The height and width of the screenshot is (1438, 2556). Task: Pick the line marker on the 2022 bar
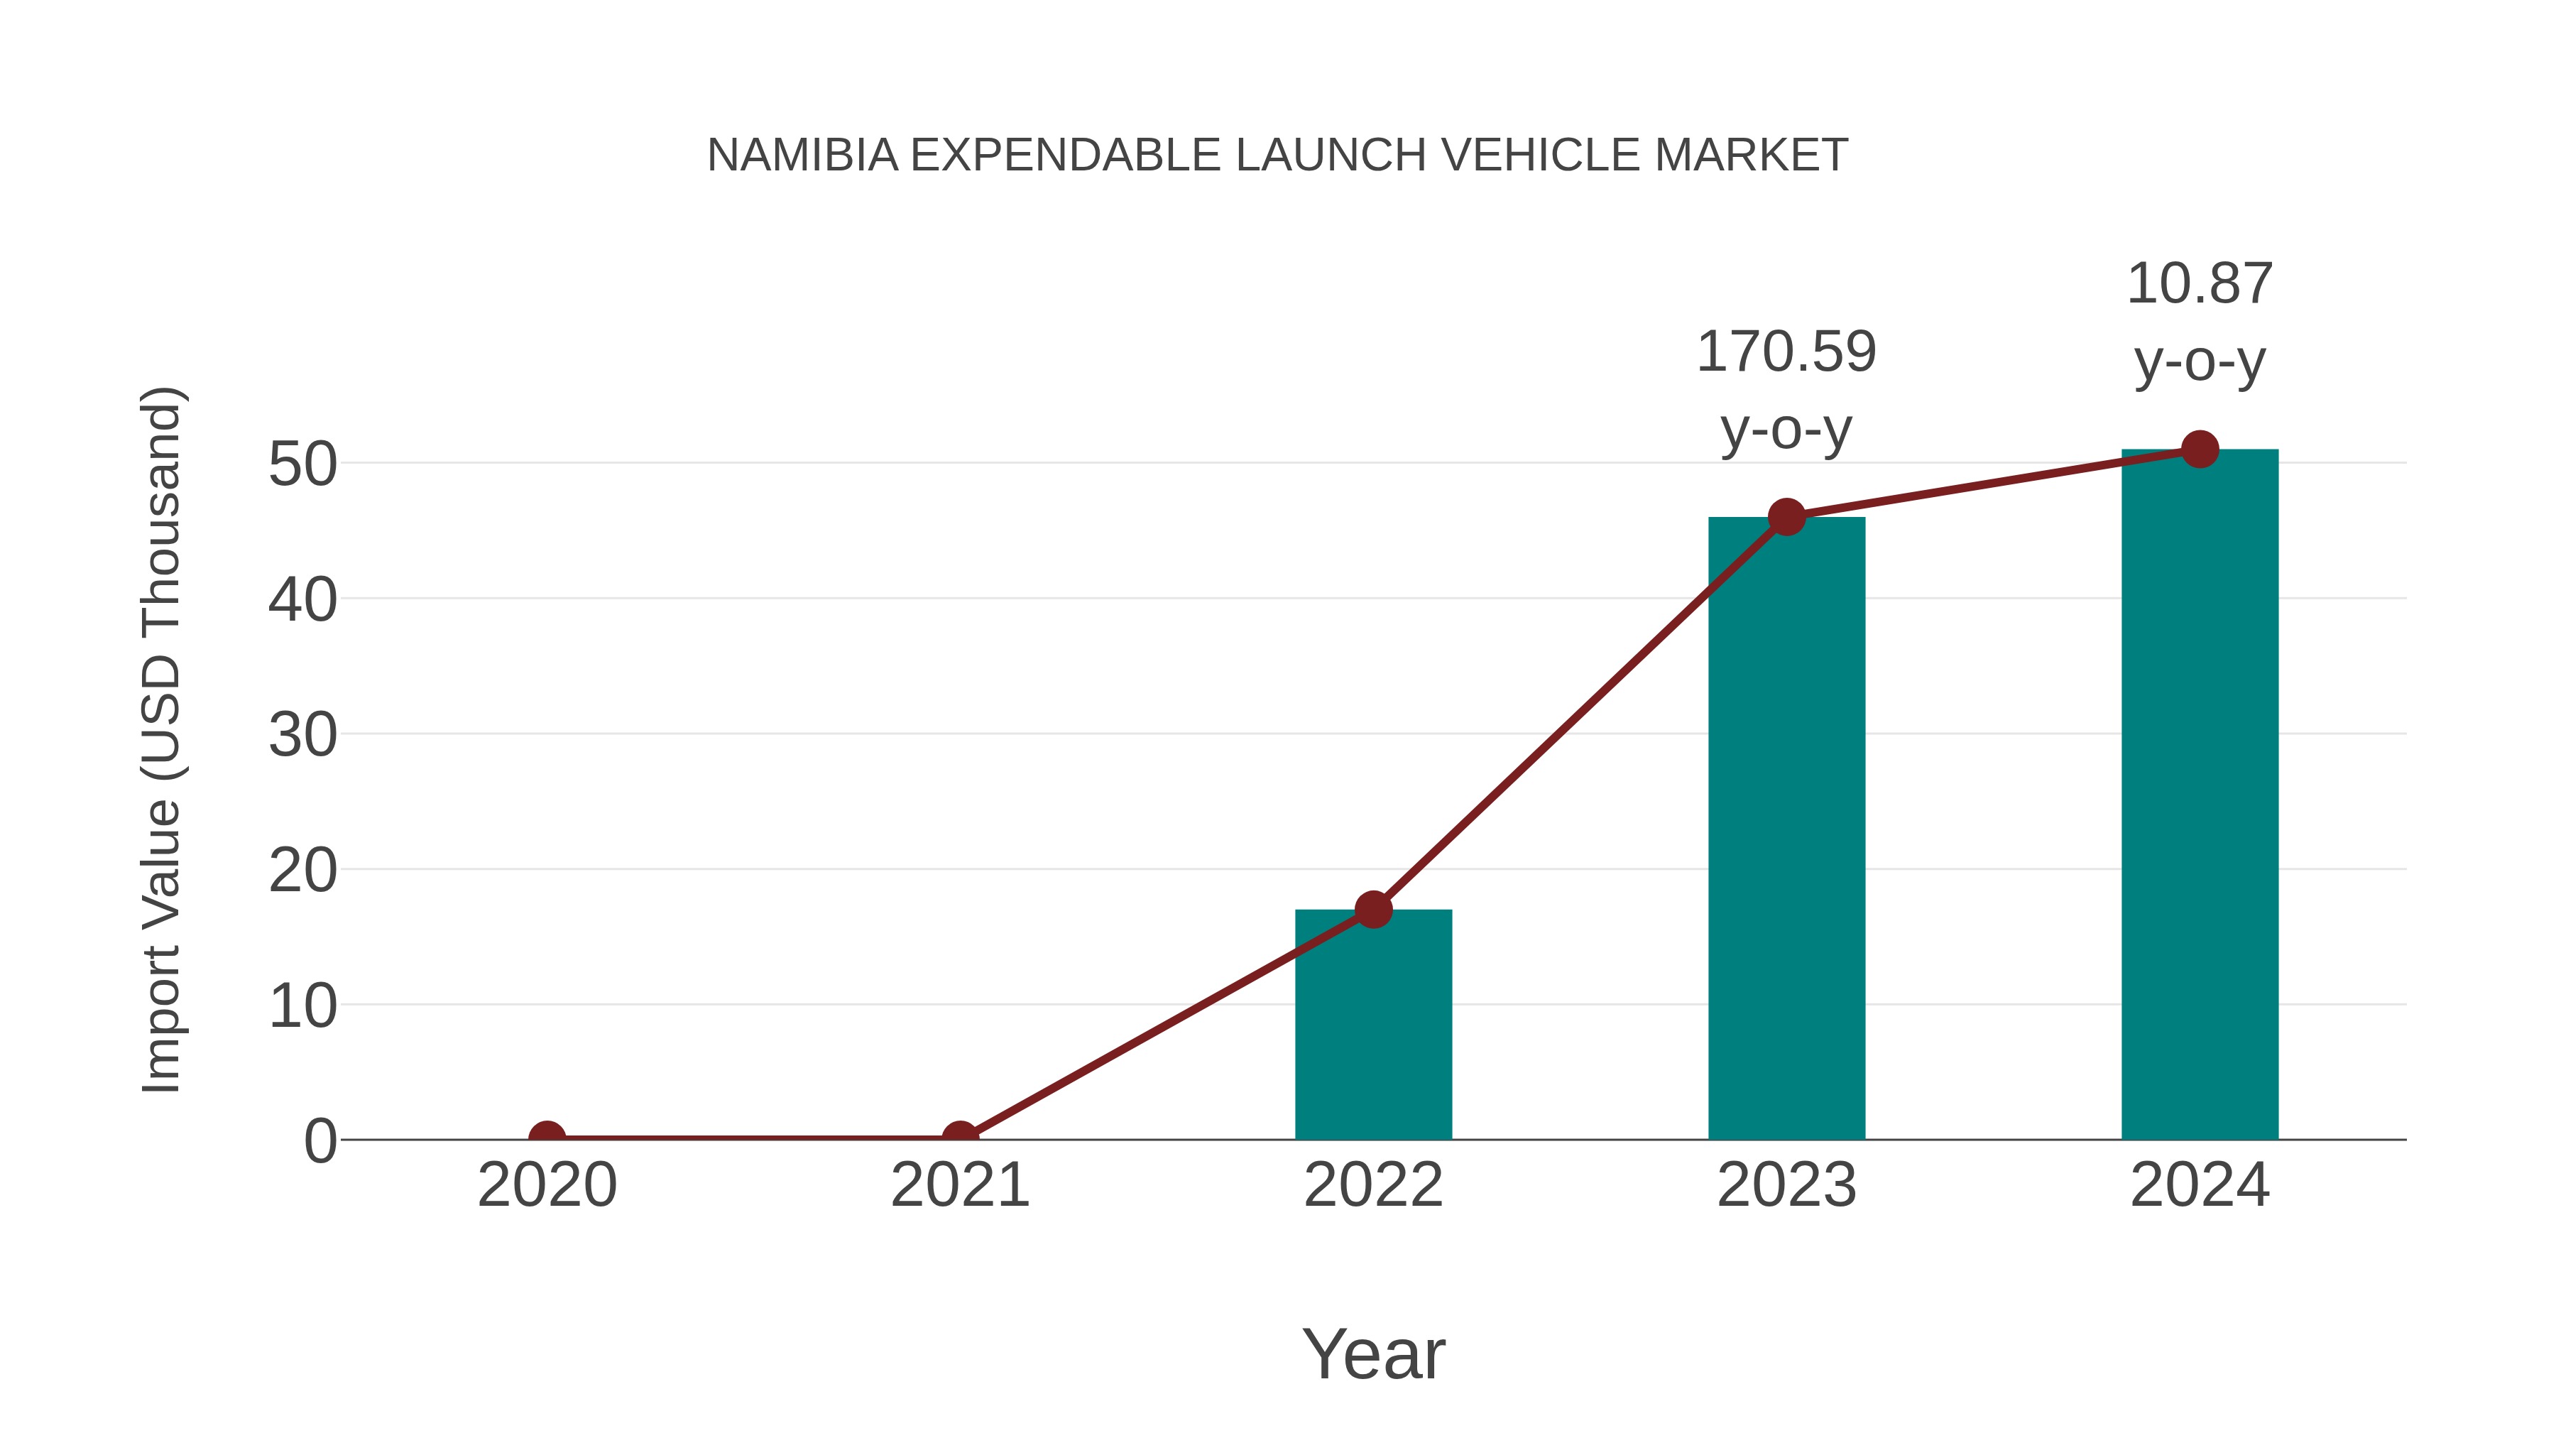(1373, 909)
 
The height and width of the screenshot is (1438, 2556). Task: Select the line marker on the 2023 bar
(1786, 517)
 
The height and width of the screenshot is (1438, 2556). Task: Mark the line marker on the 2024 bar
(2200, 450)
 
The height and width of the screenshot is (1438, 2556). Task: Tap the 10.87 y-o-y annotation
(2200, 322)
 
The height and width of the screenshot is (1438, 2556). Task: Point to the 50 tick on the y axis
(302, 464)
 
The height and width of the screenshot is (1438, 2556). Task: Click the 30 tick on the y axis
(302, 736)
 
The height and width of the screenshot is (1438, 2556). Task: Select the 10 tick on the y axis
(302, 1006)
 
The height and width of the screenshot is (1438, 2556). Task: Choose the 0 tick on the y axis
(320, 1140)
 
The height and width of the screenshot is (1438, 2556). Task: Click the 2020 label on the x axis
(547, 1185)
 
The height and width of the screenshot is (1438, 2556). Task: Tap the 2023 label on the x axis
(1786, 1185)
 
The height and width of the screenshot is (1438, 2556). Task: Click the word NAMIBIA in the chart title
(802, 156)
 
